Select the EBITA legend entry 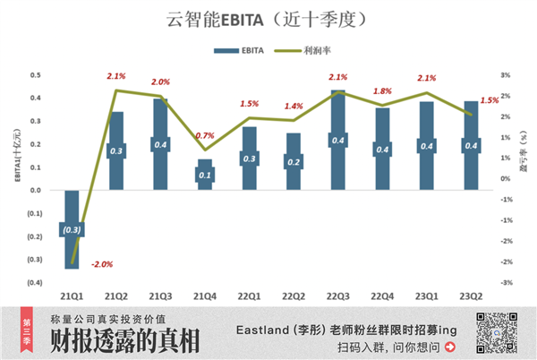click(242, 51)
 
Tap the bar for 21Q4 click(204, 175)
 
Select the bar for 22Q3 click(337, 140)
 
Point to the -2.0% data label click(101, 264)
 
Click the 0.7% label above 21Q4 click(204, 136)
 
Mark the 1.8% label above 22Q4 click(381, 91)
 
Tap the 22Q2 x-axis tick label click(293, 296)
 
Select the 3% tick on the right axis click(506, 75)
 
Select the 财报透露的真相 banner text click(125, 342)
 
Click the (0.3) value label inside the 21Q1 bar click(72, 230)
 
